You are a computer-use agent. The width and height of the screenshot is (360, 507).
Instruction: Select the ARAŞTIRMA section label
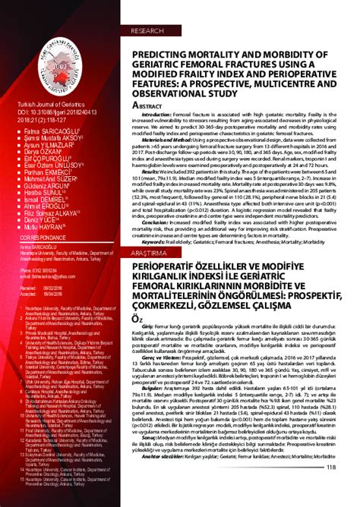[x=150, y=252]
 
